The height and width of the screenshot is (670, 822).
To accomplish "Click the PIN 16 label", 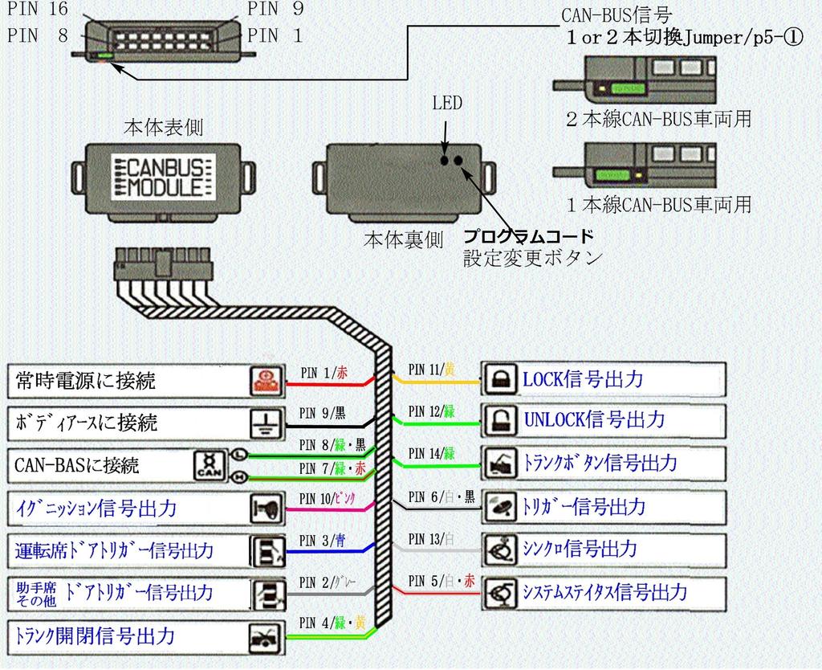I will coord(37,10).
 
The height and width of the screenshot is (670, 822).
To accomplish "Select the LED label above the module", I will coord(447,103).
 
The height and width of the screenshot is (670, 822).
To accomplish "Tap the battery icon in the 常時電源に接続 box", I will coord(265,381).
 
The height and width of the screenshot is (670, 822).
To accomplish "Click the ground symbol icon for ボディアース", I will coord(265,422).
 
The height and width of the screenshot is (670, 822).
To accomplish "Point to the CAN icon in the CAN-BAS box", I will coord(207,465).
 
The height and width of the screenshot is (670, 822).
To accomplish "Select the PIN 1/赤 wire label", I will coord(324,372).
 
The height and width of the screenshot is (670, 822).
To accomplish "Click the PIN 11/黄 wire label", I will coord(431,369).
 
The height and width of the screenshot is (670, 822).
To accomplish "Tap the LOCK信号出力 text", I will coord(583,379).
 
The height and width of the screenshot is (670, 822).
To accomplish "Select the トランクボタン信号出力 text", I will coord(599,464).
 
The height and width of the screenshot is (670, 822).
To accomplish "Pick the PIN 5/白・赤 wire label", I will coord(441,579).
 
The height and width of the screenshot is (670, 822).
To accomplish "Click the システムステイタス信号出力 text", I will coord(604,593).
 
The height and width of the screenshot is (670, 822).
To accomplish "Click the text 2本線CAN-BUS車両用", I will coord(658,120).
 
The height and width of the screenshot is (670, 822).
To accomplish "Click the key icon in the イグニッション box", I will coord(265,508).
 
